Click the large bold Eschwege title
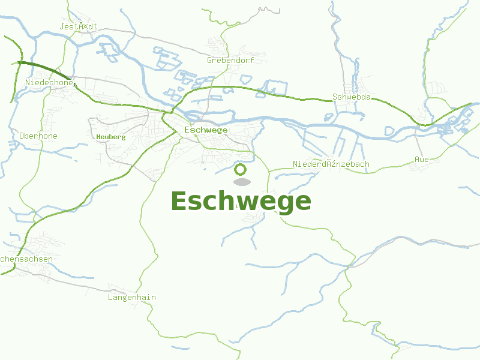coord(241,201)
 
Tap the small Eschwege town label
coord(206,130)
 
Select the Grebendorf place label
coord(230,60)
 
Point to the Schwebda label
coord(351,97)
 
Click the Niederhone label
coord(49,82)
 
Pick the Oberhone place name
coord(38,136)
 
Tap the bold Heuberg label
coord(110,137)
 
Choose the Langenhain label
coord(131,297)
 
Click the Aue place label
coord(421,159)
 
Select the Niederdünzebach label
coord(331,164)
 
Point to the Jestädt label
coord(78,26)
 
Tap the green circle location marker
coord(241,169)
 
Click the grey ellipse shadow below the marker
coord(241,182)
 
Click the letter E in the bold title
coord(179,201)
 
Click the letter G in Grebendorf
coord(209,60)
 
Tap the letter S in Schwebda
coord(335,97)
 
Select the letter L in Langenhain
coord(110,297)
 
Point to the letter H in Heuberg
coord(98,137)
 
